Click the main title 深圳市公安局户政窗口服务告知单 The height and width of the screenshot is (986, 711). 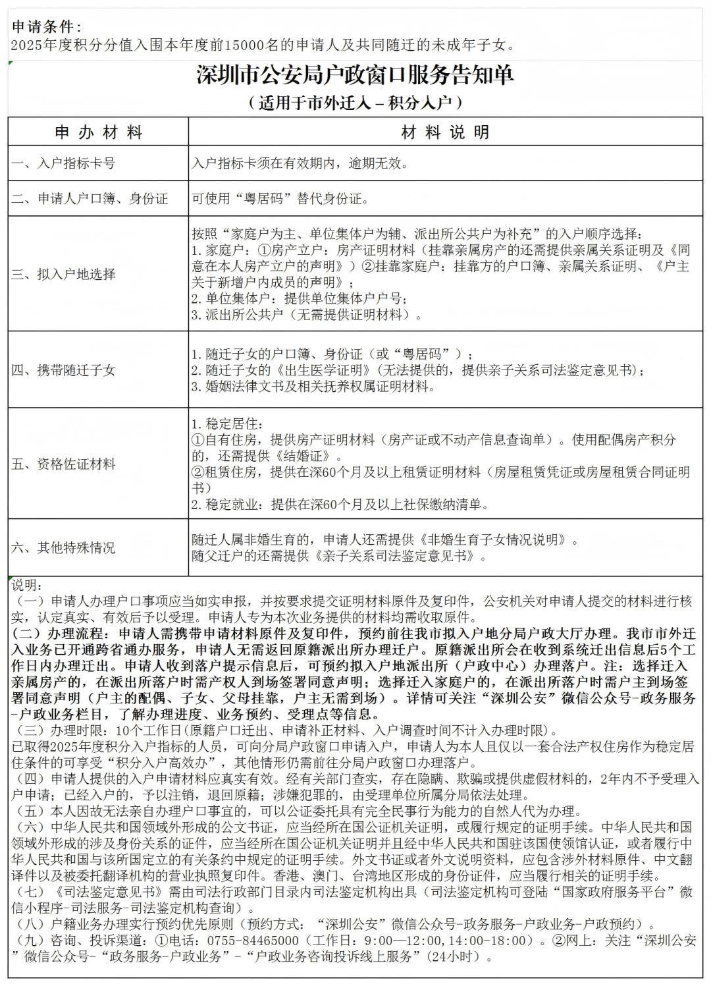pos(355,75)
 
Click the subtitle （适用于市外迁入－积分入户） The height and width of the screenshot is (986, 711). pos(355,103)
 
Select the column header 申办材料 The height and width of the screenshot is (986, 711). pos(99,132)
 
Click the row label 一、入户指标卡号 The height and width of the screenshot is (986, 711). pos(63,163)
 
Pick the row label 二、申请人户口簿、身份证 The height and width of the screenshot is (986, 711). pos(90,198)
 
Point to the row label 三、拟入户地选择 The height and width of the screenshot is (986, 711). pos(63,274)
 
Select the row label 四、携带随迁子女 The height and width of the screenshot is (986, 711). pos(63,370)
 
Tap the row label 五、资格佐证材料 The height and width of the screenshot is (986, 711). pos(63,464)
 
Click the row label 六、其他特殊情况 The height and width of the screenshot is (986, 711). pos(63,547)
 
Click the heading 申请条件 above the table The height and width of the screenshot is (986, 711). pos(46,27)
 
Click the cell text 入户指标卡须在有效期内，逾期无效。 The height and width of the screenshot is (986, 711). pos(300,163)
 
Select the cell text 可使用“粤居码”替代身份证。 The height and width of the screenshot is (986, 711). pos(280,198)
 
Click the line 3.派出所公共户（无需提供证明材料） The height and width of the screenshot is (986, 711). pos(307,315)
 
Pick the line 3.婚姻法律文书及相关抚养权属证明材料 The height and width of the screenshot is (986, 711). pos(313,387)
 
